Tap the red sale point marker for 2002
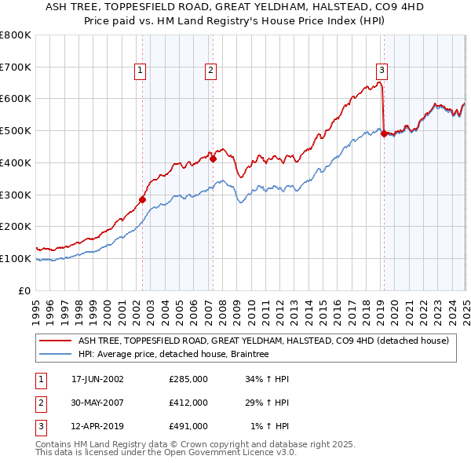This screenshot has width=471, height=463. tap(143, 199)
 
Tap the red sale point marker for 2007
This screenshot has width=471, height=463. tap(214, 159)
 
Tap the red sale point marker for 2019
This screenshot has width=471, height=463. tap(384, 133)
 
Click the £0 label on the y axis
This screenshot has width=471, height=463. tap(25, 290)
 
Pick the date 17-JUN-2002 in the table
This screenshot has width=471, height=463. tap(97, 378)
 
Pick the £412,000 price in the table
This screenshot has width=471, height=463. tap(188, 403)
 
